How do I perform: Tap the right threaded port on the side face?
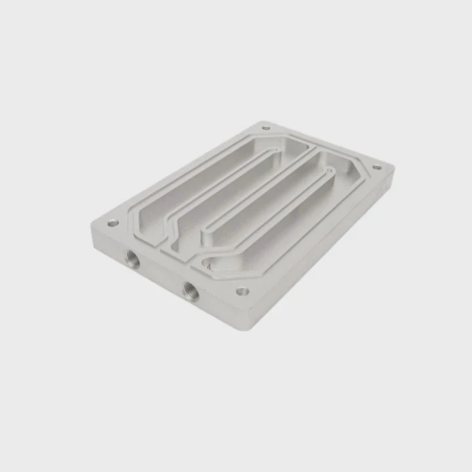click(191, 290)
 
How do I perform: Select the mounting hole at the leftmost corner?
click(113, 223)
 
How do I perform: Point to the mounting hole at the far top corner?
click(265, 128)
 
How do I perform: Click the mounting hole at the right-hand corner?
click(377, 167)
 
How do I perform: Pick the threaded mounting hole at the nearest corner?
click(243, 291)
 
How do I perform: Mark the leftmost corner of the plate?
click(92, 231)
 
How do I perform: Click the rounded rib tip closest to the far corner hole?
click(278, 151)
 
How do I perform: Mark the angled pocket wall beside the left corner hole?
click(134, 220)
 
